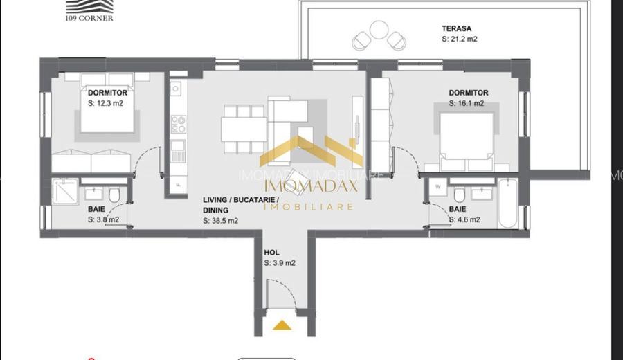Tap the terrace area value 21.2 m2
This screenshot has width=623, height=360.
459,39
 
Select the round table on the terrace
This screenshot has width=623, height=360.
379,30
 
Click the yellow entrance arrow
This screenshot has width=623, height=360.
282,324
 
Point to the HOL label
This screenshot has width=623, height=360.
271,253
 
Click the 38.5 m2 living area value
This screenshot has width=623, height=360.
221,222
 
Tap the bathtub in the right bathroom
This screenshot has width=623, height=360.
507,203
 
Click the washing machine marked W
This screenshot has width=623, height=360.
437,188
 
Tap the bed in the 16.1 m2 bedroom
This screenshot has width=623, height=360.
468,138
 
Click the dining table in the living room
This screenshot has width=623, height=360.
244,129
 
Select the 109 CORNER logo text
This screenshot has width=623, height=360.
90,18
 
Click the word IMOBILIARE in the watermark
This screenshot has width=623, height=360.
309,206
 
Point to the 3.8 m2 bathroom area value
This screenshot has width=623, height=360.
103,220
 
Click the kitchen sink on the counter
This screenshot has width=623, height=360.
176,89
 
